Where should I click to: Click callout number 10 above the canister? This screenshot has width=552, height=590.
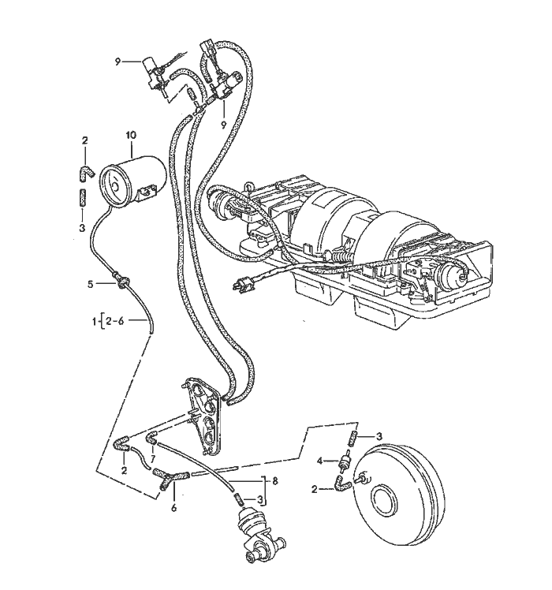131,136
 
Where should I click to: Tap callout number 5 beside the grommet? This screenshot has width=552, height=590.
91,282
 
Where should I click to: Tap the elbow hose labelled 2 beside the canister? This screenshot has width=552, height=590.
84,170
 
